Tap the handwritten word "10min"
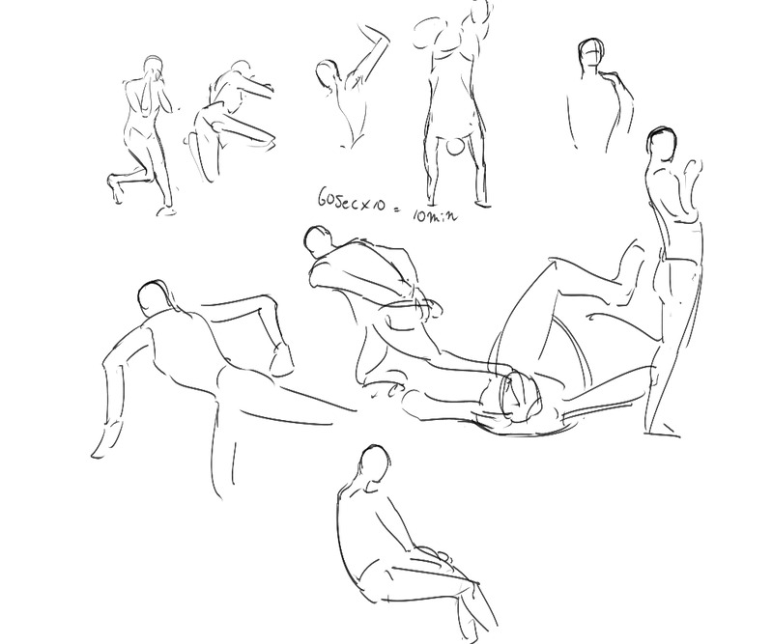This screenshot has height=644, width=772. [435, 215]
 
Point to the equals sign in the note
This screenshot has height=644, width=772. [397, 210]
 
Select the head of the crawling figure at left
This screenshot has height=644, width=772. [152, 299]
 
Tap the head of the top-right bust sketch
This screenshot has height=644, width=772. [590, 54]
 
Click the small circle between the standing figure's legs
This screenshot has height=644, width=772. [454, 146]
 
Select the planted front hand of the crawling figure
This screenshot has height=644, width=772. [102, 442]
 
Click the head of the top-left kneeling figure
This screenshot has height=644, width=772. [153, 66]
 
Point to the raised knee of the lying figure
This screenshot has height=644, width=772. [557, 264]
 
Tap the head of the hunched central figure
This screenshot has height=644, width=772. [319, 240]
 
